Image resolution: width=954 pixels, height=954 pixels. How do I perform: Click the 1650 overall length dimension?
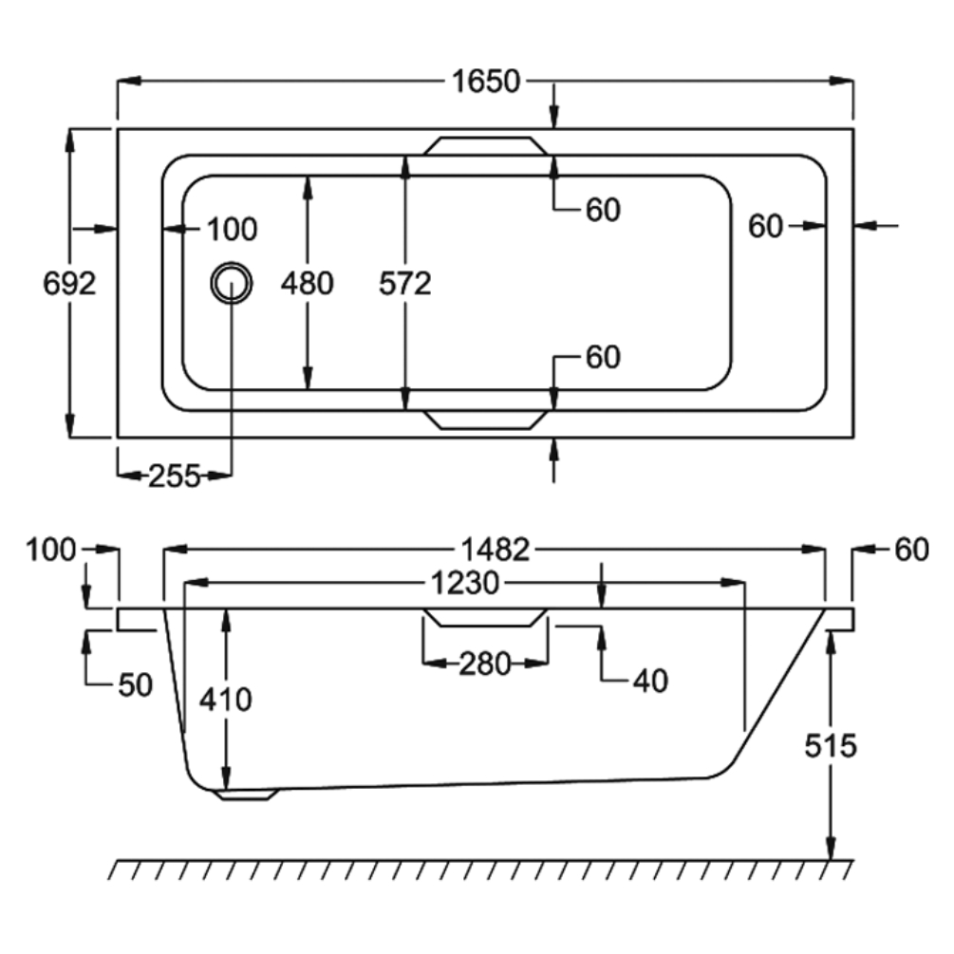486,82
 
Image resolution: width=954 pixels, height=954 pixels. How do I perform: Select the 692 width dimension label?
70,283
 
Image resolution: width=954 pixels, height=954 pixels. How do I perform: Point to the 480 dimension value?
307,283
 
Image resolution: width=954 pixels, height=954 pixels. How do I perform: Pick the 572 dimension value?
405,283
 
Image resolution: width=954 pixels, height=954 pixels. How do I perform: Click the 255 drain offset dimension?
175,477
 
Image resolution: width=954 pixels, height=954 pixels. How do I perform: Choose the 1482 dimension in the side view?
495,549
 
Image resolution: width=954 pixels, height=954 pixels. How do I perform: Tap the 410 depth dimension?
226,700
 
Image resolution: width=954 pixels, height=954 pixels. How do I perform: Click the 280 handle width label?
485,664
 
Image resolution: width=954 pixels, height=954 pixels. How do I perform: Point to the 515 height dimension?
831,745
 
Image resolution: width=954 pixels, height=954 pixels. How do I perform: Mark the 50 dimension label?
136,684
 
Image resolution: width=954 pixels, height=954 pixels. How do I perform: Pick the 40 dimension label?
649,680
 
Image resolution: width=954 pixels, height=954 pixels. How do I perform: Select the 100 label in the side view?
51,549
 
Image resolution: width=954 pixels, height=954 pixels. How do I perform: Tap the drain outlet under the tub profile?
247,794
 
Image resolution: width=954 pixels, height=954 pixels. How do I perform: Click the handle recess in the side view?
486,618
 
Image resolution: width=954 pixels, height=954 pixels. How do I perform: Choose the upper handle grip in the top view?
486,145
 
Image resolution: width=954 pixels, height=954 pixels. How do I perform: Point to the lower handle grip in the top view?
486,420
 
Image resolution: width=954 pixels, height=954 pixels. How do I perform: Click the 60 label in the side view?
910,549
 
